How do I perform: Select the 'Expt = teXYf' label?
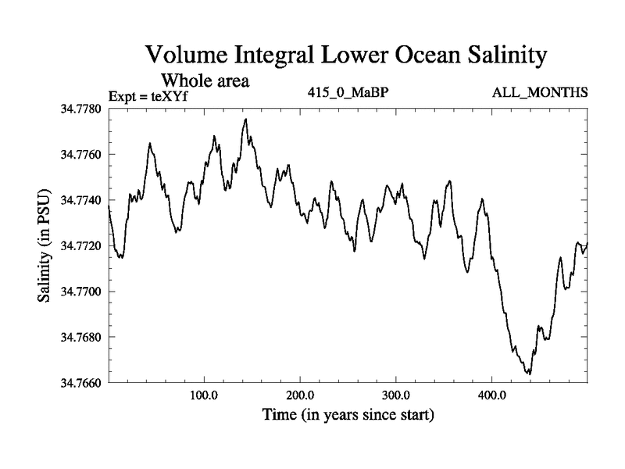148,96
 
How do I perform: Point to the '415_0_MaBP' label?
348,93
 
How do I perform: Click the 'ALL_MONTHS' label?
540,93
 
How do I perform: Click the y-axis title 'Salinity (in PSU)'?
45,245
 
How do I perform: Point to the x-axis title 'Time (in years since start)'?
347,414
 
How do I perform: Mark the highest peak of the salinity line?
246,119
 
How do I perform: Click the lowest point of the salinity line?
530,374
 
